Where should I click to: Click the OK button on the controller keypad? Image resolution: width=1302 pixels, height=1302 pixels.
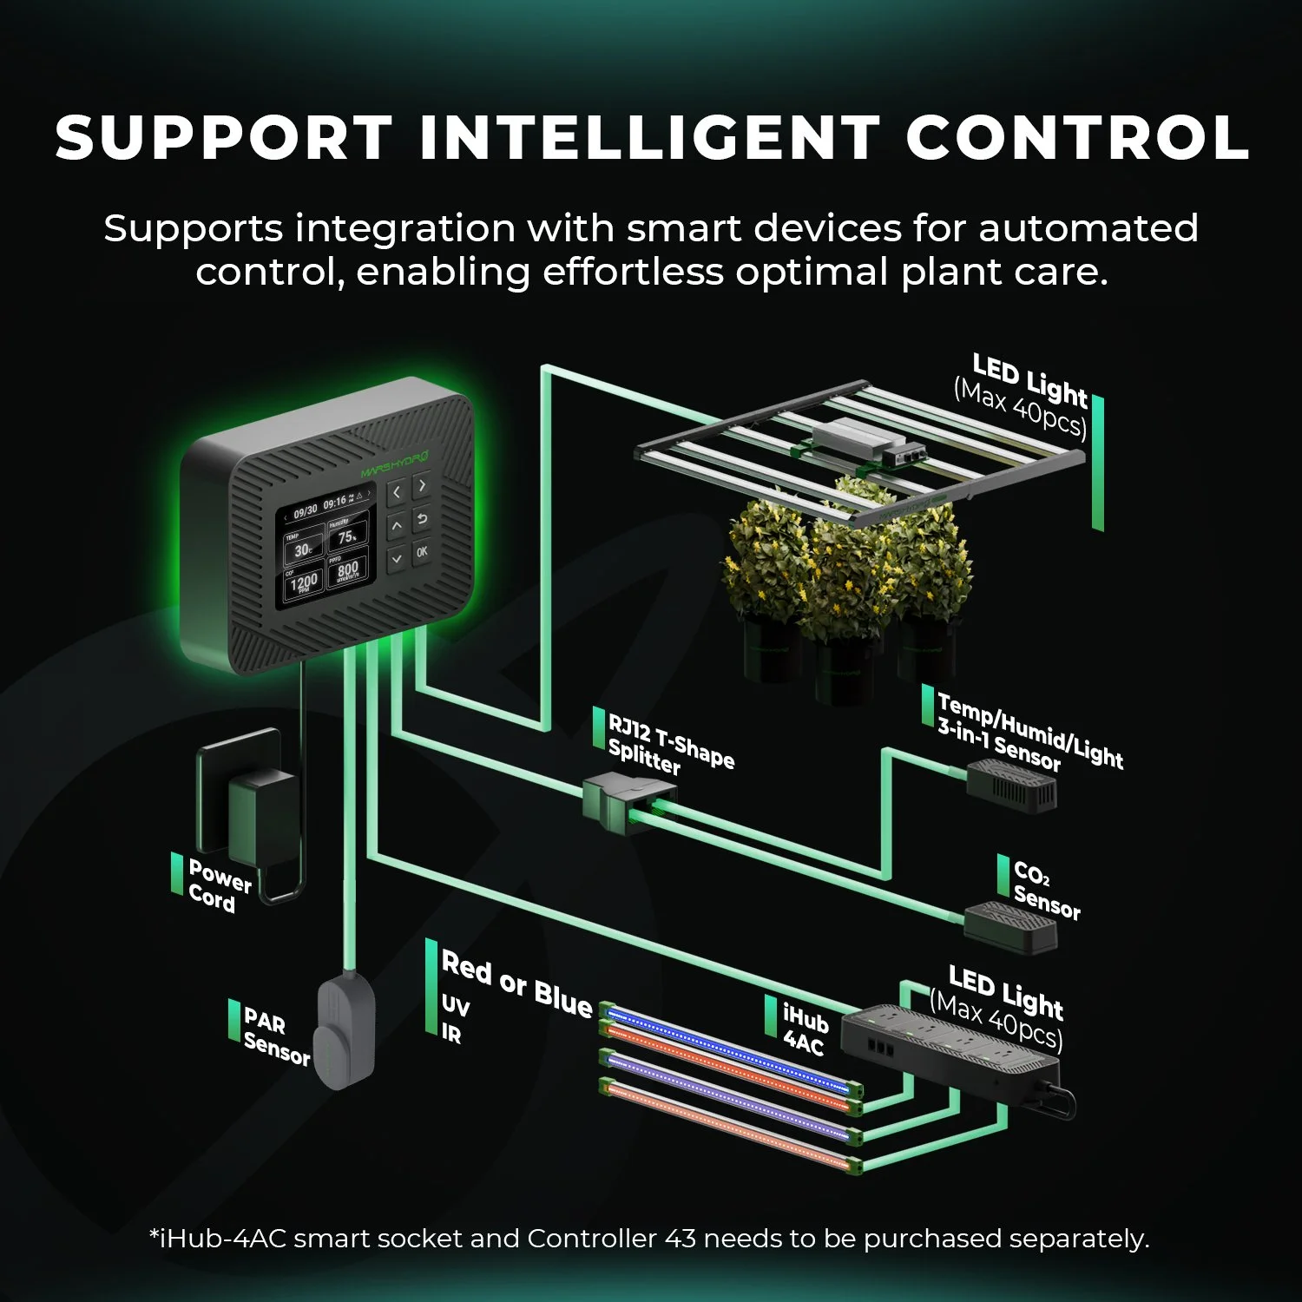[x=422, y=551]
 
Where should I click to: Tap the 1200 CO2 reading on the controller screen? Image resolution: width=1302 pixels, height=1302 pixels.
[x=304, y=582]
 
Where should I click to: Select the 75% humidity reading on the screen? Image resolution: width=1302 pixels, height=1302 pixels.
[x=347, y=537]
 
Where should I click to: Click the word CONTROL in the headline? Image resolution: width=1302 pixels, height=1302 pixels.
[x=1076, y=138]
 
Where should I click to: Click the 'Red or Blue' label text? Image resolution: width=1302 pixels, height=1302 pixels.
[x=516, y=983]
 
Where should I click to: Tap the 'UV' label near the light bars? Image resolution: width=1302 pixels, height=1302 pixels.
[x=455, y=1007]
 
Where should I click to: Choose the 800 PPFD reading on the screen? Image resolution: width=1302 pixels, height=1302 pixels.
[x=347, y=570]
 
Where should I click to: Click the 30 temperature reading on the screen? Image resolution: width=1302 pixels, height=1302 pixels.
[x=302, y=549]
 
